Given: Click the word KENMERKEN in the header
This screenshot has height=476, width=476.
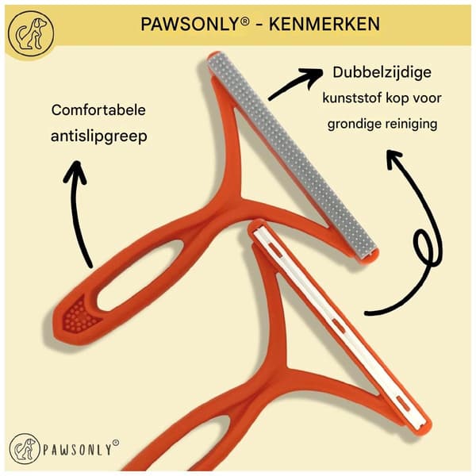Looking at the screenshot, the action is [x=324, y=25].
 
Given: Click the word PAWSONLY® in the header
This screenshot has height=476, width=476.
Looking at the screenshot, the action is [x=195, y=25].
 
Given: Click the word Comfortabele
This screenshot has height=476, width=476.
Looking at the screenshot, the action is [x=98, y=110].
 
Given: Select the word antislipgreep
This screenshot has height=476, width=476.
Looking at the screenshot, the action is [x=99, y=136].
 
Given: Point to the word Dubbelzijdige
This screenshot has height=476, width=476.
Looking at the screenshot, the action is [x=382, y=73].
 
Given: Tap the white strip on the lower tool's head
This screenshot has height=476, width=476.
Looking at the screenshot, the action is [x=340, y=326].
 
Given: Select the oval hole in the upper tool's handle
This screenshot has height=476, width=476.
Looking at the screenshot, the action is [x=140, y=275].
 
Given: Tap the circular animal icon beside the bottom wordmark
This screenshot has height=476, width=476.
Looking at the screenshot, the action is [x=25, y=449].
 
